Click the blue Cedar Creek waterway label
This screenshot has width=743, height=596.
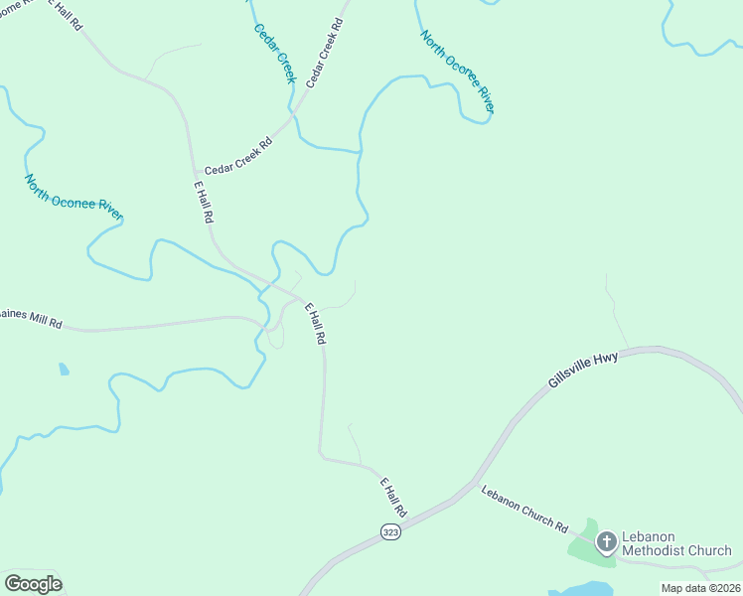tap(275, 53)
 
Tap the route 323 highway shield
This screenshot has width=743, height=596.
tap(390, 532)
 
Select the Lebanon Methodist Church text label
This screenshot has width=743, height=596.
tap(676, 543)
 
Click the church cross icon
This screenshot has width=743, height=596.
tap(606, 542)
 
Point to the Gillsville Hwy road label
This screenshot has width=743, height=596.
tap(583, 370)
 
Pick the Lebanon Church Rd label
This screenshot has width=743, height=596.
tap(523, 508)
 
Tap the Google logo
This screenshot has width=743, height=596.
tap(33, 583)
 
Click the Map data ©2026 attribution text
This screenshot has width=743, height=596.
tap(700, 588)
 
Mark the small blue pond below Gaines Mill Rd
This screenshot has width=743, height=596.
tap(64, 370)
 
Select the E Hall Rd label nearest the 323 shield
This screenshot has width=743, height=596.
tap(394, 496)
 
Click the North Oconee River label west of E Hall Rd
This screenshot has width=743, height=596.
tap(74, 197)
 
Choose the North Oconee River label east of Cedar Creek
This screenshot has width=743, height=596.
tap(457, 72)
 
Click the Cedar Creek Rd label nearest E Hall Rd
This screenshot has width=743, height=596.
tap(238, 157)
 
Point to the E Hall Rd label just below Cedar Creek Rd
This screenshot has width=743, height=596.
tap(204, 201)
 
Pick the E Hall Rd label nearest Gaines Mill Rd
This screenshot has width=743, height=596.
tap(316, 324)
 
